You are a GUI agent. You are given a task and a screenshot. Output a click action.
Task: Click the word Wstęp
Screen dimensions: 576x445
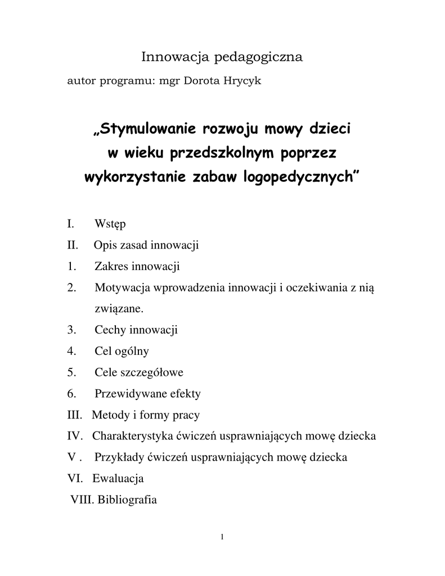pyautogui.click(x=110, y=224)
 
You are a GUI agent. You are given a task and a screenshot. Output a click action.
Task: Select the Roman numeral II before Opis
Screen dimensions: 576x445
pyautogui.click(x=71, y=245)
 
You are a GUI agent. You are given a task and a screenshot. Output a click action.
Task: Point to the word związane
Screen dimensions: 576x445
pyautogui.click(x=119, y=309)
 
